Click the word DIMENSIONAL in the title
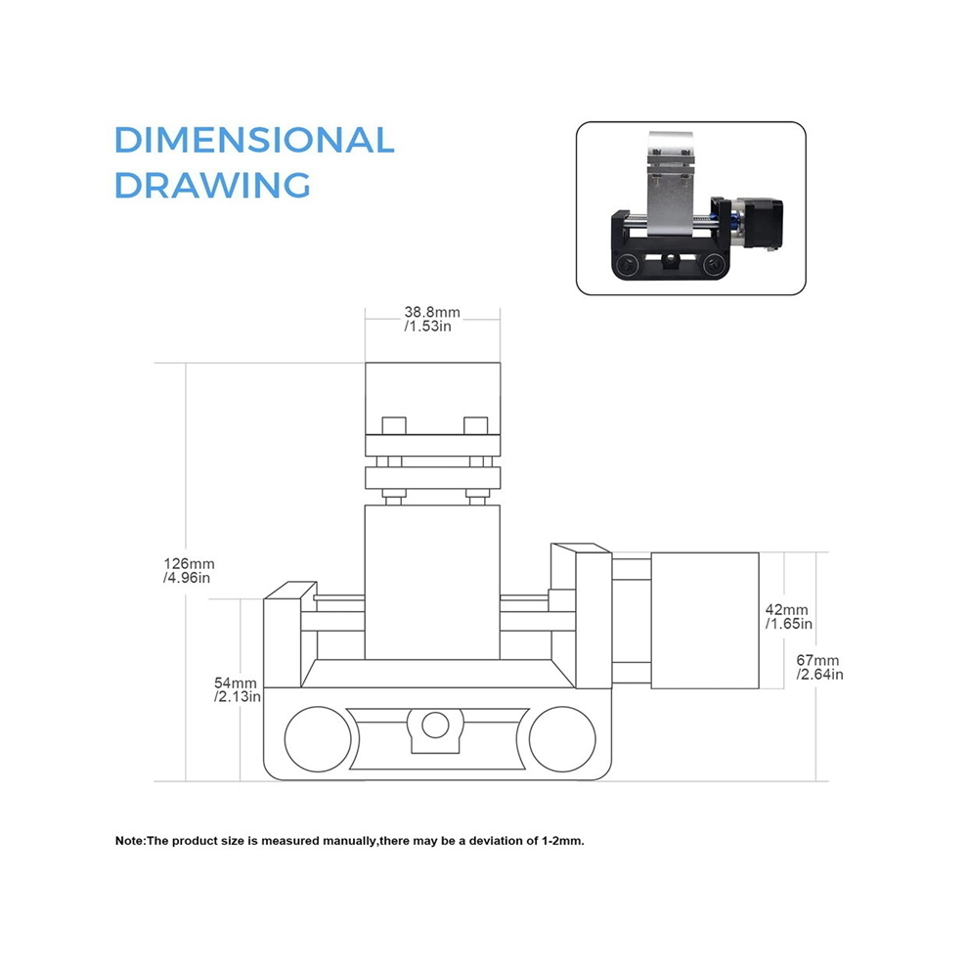[x=254, y=140]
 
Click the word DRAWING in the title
[x=212, y=185]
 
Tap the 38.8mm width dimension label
[x=432, y=312]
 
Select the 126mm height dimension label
[x=189, y=563]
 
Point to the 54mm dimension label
[x=236, y=682]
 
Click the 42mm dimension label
[x=786, y=610]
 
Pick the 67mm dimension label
[x=817, y=661]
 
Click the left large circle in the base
[x=318, y=739]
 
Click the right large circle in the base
[x=562, y=739]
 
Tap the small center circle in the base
[x=435, y=725]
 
